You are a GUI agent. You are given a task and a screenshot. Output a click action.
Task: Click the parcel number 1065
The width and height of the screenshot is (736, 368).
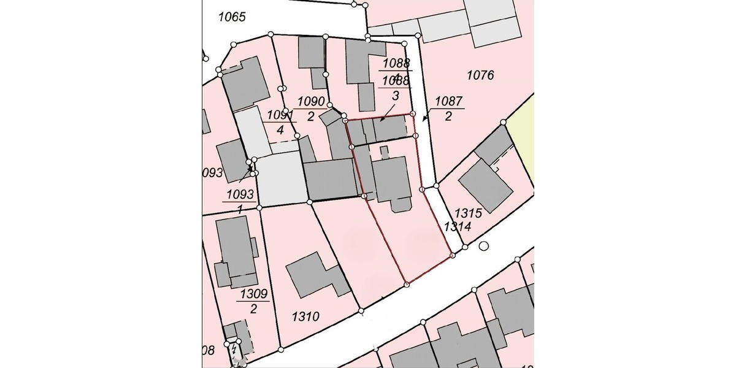click(232, 17)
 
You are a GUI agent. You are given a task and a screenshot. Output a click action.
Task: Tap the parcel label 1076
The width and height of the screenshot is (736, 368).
click(480, 75)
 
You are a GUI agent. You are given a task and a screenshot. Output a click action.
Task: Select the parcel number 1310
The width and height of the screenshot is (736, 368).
click(305, 317)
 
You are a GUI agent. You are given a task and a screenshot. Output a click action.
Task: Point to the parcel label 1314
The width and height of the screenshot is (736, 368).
click(457, 227)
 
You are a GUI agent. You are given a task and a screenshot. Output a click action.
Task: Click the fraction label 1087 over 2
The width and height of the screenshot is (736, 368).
click(449, 109)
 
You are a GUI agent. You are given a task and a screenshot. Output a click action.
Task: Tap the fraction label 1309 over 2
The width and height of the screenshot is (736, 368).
click(254, 301)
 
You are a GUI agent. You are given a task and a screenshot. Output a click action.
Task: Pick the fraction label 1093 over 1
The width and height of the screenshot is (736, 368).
click(240, 201)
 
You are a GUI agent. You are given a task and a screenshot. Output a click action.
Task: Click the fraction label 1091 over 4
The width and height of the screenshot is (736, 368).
click(280, 122)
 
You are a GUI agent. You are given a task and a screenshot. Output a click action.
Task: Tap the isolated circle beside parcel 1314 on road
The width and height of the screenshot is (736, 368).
click(484, 247)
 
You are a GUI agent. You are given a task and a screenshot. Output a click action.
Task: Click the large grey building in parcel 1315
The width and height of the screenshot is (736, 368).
click(486, 186)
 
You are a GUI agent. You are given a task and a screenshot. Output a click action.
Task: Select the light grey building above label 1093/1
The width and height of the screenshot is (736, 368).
click(280, 178)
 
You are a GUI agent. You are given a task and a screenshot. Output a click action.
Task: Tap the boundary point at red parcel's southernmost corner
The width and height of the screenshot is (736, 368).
click(407, 284)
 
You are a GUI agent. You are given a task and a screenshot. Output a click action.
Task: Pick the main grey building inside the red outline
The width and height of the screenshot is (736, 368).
click(393, 179)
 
